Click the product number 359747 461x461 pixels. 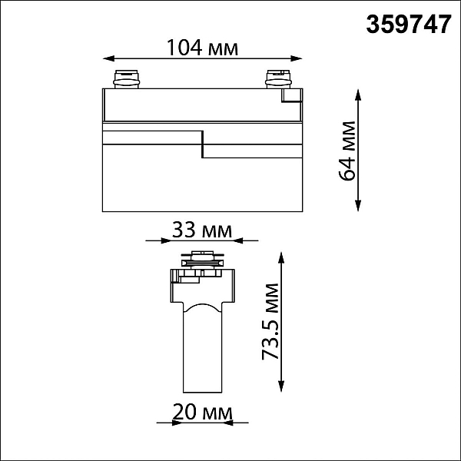pos(409,25)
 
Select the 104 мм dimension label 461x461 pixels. pos(202,48)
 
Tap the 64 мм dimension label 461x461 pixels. pos(347,151)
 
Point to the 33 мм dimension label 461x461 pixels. pos(202,230)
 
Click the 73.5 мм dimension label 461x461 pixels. pos(270,322)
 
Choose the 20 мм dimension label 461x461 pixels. pos(202,412)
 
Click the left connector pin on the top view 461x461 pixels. pos(127,79)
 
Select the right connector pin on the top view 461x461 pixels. pos(278,79)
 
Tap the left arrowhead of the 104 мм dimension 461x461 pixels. pos(108,58)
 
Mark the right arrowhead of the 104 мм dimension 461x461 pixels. pos(297,58)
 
